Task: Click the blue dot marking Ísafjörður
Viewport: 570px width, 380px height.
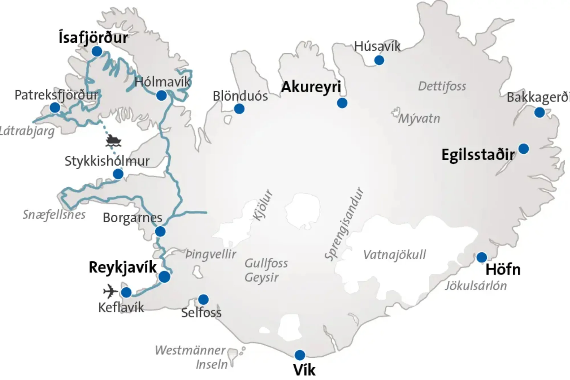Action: [97, 51]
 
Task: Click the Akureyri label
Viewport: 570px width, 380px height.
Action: [311, 87]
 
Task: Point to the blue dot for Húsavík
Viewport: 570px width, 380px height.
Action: [379, 60]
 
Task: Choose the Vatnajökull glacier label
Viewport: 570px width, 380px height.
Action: [394, 255]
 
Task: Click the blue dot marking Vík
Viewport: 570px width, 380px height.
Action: [300, 355]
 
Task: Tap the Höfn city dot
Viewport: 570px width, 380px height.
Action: [482, 257]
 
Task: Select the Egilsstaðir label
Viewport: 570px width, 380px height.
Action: [478, 155]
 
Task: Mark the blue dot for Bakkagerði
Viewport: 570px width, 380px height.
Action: [539, 112]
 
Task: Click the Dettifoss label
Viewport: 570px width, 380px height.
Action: [442, 86]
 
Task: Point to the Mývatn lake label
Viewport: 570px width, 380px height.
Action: [419, 118]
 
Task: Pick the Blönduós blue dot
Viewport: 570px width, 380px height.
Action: [239, 109]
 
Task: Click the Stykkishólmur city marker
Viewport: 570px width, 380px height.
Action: [118, 174]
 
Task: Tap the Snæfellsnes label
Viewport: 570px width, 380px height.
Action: [54, 214]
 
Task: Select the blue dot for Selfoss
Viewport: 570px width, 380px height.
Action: [203, 299]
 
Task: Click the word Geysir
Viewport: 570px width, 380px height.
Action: [261, 277]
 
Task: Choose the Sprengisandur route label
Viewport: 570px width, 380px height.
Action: [345, 224]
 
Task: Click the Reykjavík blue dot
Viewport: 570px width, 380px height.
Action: [164, 277]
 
